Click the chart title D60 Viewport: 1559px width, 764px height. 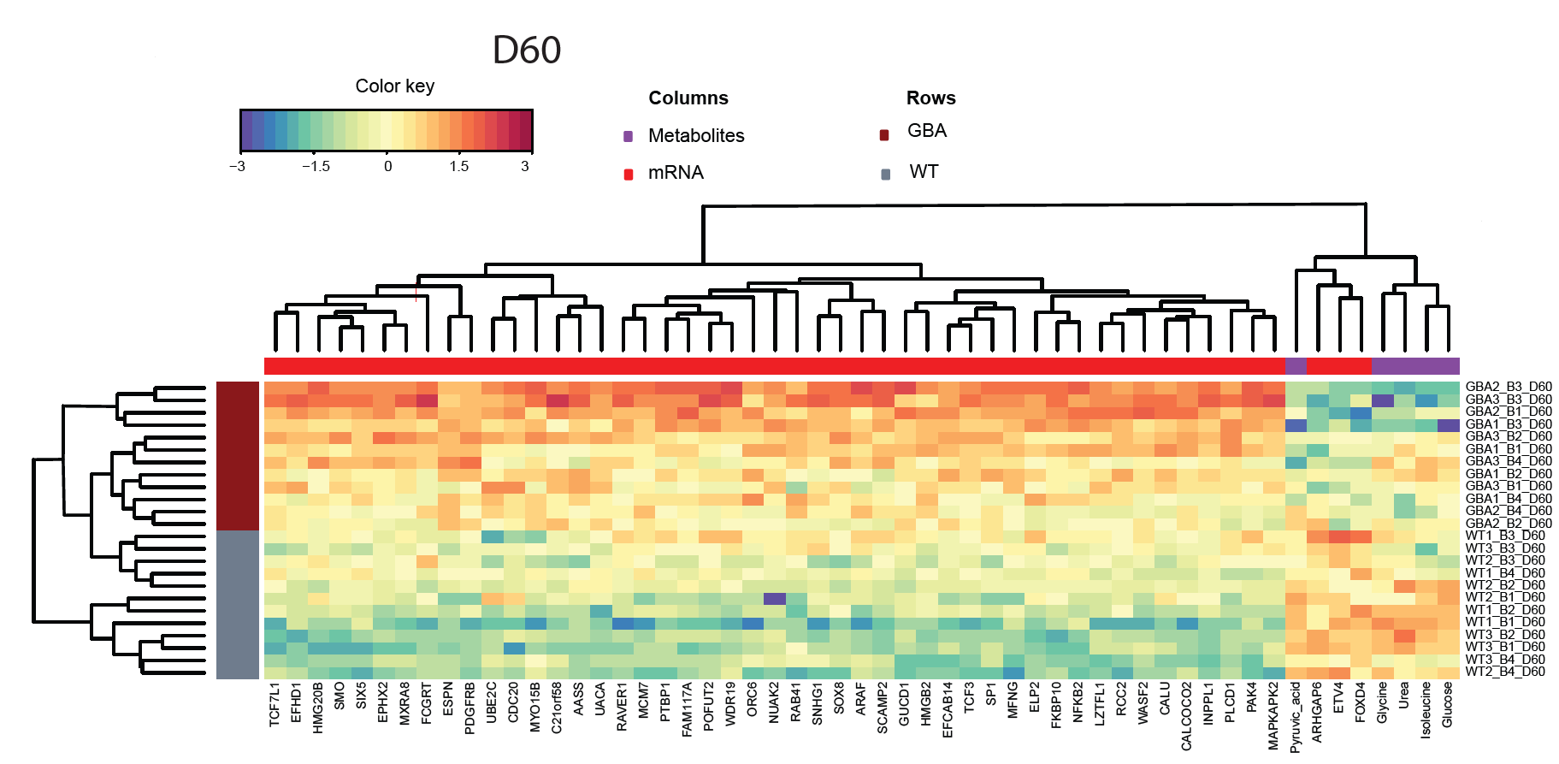pos(527,50)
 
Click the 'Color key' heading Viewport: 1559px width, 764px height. pos(395,86)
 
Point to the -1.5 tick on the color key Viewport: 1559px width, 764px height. pos(316,167)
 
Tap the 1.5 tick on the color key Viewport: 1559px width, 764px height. pos(459,167)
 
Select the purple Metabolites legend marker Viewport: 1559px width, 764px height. pos(629,136)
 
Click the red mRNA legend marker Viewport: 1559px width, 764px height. pos(629,175)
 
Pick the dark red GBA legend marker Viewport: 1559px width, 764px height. pos(885,134)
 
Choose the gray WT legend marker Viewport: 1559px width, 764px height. pos(886,175)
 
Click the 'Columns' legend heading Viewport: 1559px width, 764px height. pos(688,98)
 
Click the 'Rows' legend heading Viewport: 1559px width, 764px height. pos(931,98)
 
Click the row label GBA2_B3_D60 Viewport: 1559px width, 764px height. pos(1509,388)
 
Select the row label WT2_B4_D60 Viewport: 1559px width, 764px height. pos(1505,672)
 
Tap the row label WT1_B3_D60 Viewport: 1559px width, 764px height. pos(1505,536)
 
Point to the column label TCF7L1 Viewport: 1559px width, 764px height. pos(275,705)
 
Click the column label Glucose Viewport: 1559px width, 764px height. pos(1447,705)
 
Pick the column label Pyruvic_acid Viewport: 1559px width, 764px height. pos(1296,717)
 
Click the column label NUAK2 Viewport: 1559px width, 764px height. pos(774,703)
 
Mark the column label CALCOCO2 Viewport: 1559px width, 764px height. pos(1186,716)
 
